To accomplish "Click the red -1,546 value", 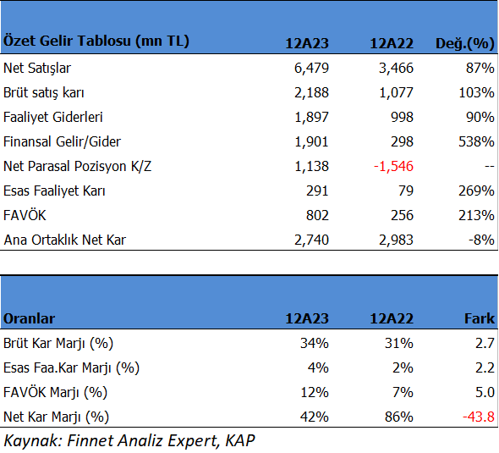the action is click(393, 166).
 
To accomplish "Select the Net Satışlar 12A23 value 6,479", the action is click(311, 69).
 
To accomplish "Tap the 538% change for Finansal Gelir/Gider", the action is click(476, 141).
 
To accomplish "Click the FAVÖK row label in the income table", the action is click(25, 215).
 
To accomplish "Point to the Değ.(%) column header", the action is click(464, 43).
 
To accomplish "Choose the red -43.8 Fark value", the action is click(479, 417).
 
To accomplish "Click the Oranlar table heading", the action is click(29, 318).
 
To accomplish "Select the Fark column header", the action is click(480, 318).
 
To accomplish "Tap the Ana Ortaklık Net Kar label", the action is click(64, 240).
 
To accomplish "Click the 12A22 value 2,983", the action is click(396, 240).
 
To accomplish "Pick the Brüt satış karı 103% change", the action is click(476, 92).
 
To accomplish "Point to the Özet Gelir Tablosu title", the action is click(96, 41).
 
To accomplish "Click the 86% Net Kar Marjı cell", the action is click(398, 417).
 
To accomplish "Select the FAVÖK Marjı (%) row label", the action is click(55, 393).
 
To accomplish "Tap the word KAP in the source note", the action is click(240, 441).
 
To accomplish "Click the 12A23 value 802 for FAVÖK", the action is click(317, 215).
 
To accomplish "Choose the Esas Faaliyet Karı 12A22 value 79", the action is click(406, 191).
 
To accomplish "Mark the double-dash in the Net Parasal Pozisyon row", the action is click(490, 167).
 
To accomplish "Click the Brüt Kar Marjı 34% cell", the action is click(315, 343).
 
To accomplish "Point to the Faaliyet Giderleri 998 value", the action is click(402, 117).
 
